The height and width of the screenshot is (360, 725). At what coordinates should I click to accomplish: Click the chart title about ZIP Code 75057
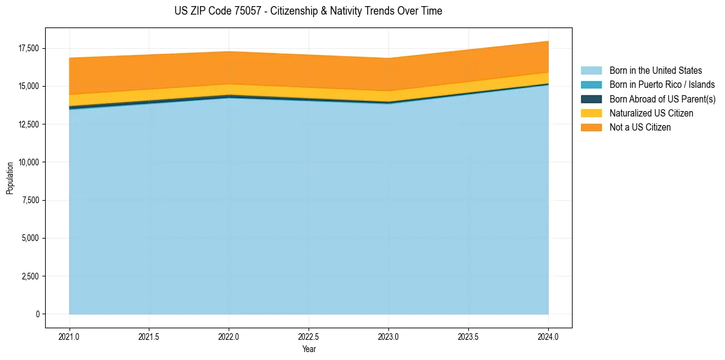308,11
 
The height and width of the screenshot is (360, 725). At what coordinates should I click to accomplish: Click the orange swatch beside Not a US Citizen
591,128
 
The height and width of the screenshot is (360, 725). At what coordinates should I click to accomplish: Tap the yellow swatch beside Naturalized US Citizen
591,113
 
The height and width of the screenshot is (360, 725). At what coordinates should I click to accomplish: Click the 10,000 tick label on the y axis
28,162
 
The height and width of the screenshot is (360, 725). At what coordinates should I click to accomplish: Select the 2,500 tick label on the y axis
30,276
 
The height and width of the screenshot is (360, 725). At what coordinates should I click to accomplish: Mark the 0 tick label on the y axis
37,314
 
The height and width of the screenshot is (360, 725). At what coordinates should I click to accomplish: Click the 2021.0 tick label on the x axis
70,336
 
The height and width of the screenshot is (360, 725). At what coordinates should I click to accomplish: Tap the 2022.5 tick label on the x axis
309,336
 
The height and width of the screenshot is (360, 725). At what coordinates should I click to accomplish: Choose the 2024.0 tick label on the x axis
548,336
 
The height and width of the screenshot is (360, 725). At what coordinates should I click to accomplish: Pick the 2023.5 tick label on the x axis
468,336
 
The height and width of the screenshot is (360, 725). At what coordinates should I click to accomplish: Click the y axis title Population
10,178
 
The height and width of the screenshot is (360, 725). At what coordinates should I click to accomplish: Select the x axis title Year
309,349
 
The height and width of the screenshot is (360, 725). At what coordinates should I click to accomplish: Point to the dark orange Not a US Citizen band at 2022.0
229,67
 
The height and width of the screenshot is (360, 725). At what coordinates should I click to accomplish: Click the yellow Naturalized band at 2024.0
546,79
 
